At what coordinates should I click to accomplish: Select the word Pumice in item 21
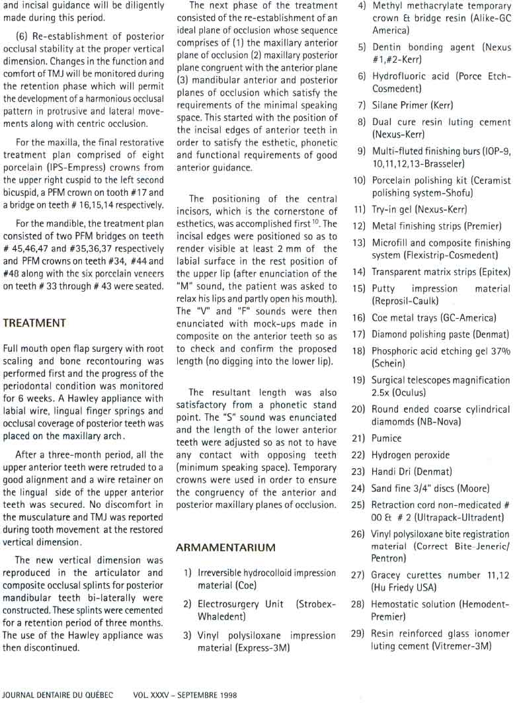coord(387,438)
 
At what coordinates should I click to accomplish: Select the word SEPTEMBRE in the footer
coord(192,696)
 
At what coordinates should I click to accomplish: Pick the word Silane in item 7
coord(385,105)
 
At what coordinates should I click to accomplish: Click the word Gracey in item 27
coord(387,575)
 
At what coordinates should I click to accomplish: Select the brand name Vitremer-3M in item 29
coord(461,645)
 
